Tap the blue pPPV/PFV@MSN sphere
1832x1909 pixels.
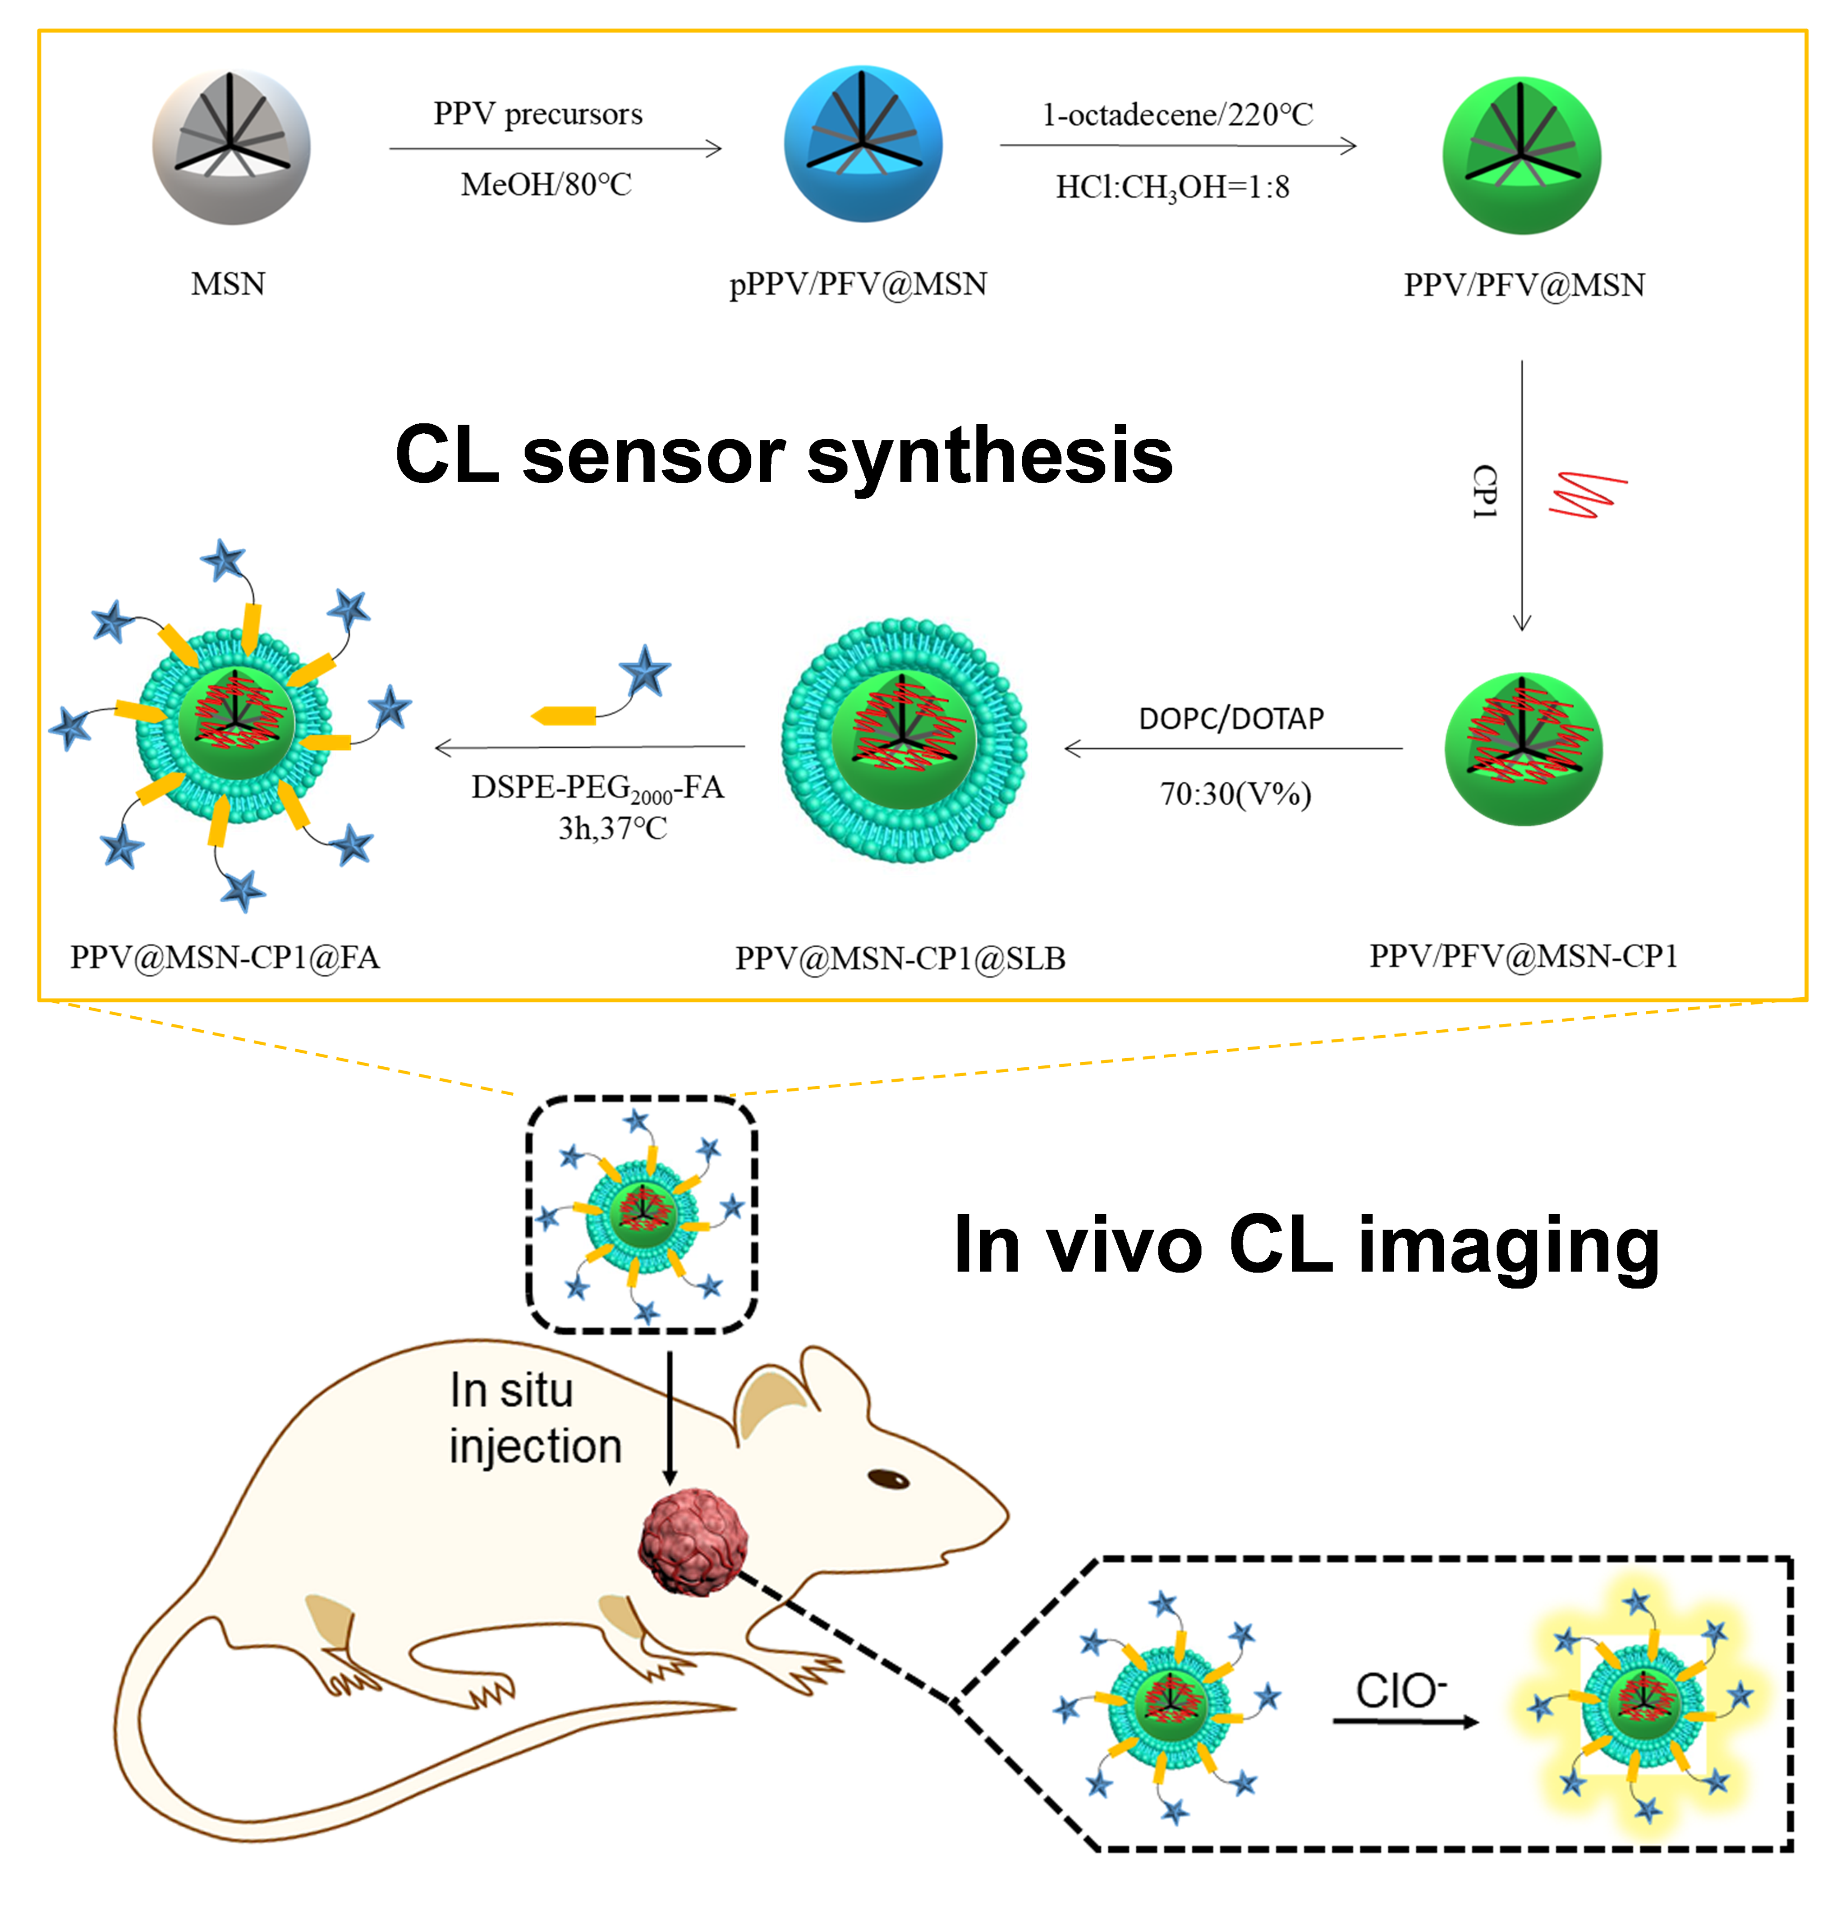tap(863, 144)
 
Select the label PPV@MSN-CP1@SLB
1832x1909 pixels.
tap(900, 959)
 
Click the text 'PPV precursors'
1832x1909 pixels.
tap(537, 114)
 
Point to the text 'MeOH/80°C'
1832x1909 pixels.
tap(546, 184)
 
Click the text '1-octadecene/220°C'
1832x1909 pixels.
tap(1177, 115)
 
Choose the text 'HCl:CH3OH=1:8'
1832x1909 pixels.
tap(1173, 187)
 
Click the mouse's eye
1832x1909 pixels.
tap(888, 1478)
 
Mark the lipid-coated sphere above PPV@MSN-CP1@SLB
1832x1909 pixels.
tap(904, 740)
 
